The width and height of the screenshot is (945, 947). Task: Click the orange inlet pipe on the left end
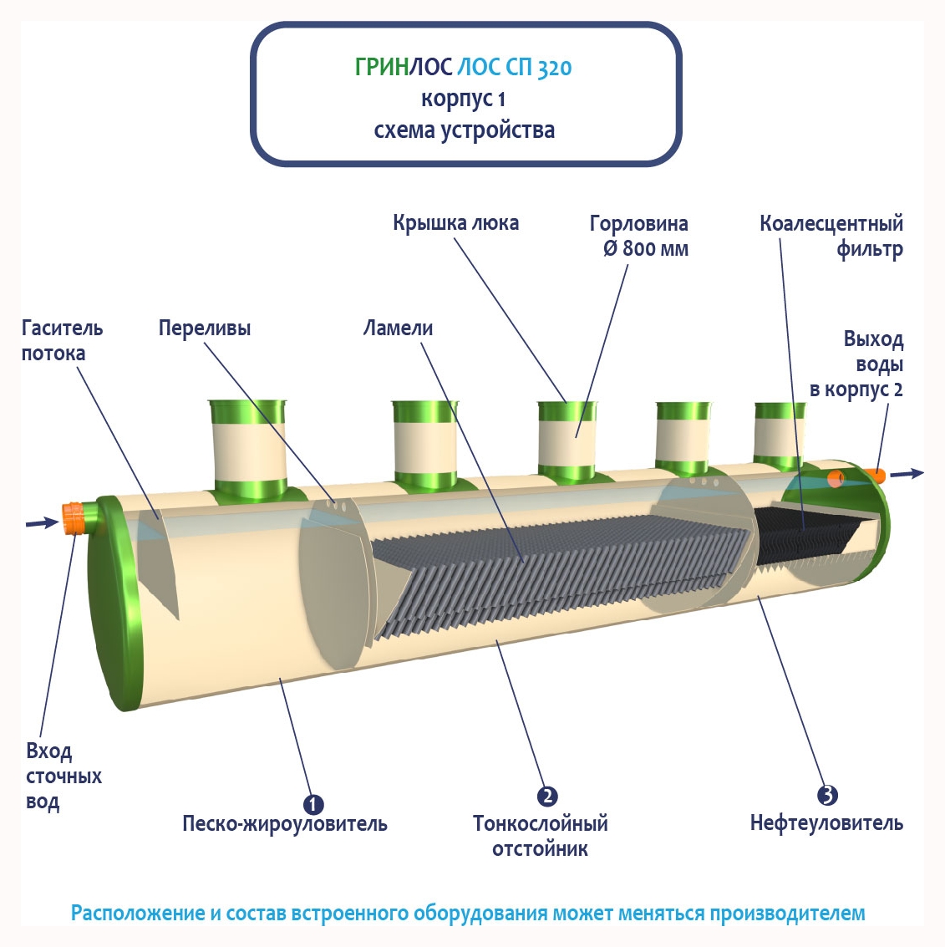(x=74, y=517)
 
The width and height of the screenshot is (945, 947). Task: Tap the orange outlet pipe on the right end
(x=874, y=475)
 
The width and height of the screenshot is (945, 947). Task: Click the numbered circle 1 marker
(x=312, y=804)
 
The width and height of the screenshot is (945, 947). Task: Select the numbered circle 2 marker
(x=547, y=796)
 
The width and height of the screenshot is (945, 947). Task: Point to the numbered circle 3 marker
(x=827, y=795)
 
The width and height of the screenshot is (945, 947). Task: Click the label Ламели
(x=398, y=328)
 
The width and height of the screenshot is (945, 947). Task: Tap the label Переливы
(x=205, y=328)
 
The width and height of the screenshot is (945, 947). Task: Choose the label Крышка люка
(x=455, y=223)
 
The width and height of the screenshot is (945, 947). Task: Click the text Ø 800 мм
(x=645, y=249)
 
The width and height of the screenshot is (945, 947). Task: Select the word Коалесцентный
(x=831, y=224)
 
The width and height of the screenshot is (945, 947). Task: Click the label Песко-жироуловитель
(x=285, y=824)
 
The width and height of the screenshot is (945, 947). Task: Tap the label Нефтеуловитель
(x=826, y=823)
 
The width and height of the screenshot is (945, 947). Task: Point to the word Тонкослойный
(x=540, y=824)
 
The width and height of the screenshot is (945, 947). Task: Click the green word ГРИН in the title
(x=381, y=68)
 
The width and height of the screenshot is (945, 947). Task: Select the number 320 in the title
(x=554, y=68)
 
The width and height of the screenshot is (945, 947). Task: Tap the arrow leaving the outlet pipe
(x=907, y=474)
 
